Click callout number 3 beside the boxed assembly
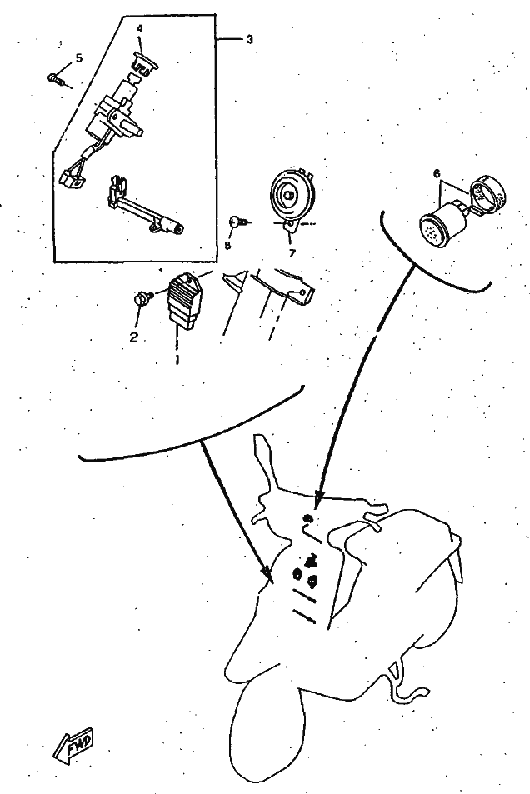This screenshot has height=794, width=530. (249, 39)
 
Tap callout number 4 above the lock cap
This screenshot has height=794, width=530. (140, 29)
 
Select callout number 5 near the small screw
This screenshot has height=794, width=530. (79, 58)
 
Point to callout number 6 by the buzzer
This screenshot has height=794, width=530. (437, 173)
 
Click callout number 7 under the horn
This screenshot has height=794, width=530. (292, 252)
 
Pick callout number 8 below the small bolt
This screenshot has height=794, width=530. (227, 245)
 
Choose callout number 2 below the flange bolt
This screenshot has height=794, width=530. (134, 337)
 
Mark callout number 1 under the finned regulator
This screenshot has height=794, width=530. (177, 359)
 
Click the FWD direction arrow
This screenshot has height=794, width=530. (74, 747)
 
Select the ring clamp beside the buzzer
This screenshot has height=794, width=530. (489, 193)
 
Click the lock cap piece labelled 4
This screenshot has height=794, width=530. (145, 63)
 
